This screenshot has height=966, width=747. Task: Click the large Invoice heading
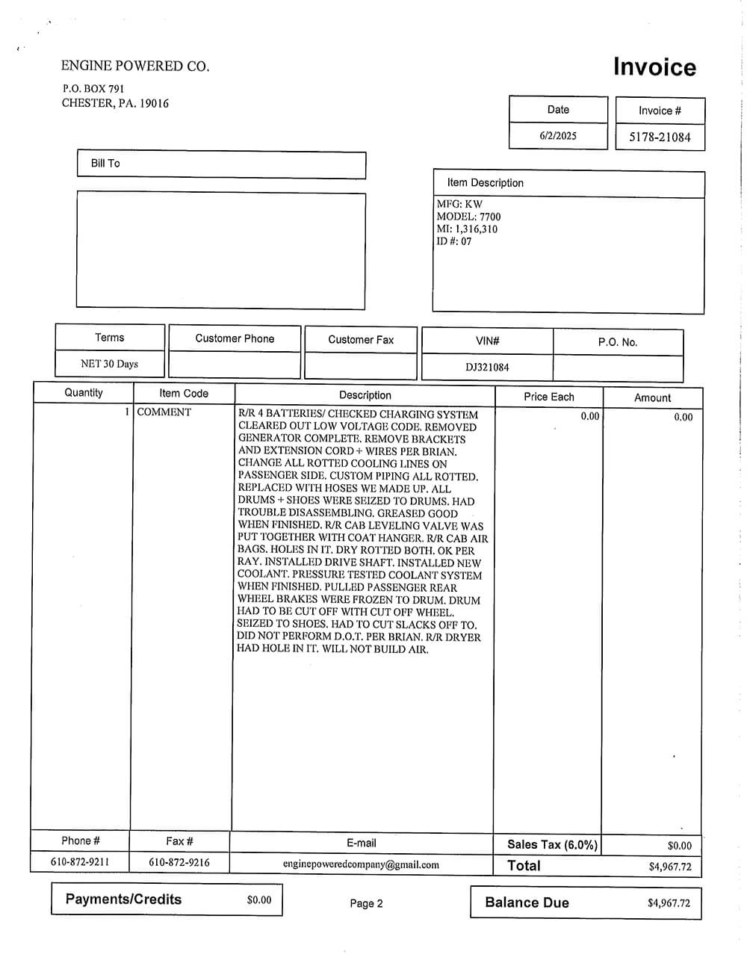(x=654, y=67)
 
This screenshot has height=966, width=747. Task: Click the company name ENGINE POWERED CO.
(x=135, y=66)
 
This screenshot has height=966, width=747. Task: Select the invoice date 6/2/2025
(x=558, y=135)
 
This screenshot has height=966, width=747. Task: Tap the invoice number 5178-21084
(x=660, y=137)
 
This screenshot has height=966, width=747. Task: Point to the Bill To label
(x=105, y=163)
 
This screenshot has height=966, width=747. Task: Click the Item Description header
(x=485, y=182)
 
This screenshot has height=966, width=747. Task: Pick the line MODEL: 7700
(x=468, y=217)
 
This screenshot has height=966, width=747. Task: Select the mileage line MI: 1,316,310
(x=467, y=229)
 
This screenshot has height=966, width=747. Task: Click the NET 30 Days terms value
(x=109, y=364)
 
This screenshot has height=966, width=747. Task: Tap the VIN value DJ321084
(x=487, y=367)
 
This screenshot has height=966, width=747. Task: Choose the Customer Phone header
(x=235, y=338)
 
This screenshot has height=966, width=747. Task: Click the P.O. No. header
(x=617, y=341)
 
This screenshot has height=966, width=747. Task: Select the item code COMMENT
(x=164, y=412)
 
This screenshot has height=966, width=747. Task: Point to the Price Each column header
(x=549, y=397)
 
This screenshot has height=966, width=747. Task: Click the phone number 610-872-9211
(x=80, y=862)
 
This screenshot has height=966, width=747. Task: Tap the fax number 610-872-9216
(x=179, y=862)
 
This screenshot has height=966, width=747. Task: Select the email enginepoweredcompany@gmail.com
(x=361, y=864)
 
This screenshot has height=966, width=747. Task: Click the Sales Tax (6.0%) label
(x=552, y=844)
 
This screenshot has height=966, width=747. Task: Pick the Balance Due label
(x=527, y=902)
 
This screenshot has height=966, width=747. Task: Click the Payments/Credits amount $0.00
(x=259, y=900)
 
